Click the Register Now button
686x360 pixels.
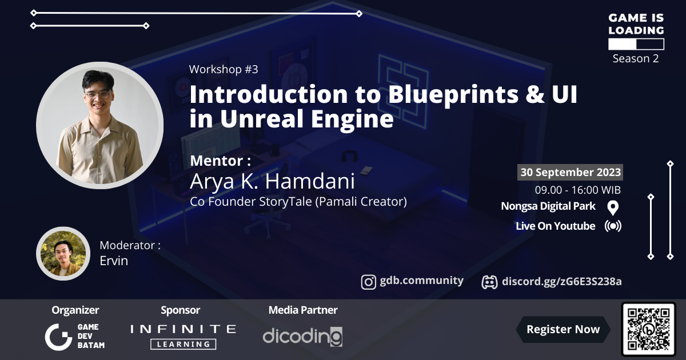coord(563,329)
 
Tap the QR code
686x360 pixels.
coord(649,329)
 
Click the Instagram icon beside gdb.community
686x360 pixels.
coord(369,281)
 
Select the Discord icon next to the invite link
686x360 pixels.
coord(489,282)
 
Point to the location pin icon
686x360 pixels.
coord(612,207)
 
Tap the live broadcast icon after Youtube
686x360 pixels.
coord(613,226)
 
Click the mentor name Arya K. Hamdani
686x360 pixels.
coord(272,182)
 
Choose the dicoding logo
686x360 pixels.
coord(302,337)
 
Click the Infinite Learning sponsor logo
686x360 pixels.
coord(183,336)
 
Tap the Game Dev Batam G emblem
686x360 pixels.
coord(58,337)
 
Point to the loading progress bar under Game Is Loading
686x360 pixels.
coord(636,44)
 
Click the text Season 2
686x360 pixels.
coord(636,58)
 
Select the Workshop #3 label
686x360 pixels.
coord(224,70)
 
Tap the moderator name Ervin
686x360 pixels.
coord(114,261)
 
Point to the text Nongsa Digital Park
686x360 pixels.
coord(548,206)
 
